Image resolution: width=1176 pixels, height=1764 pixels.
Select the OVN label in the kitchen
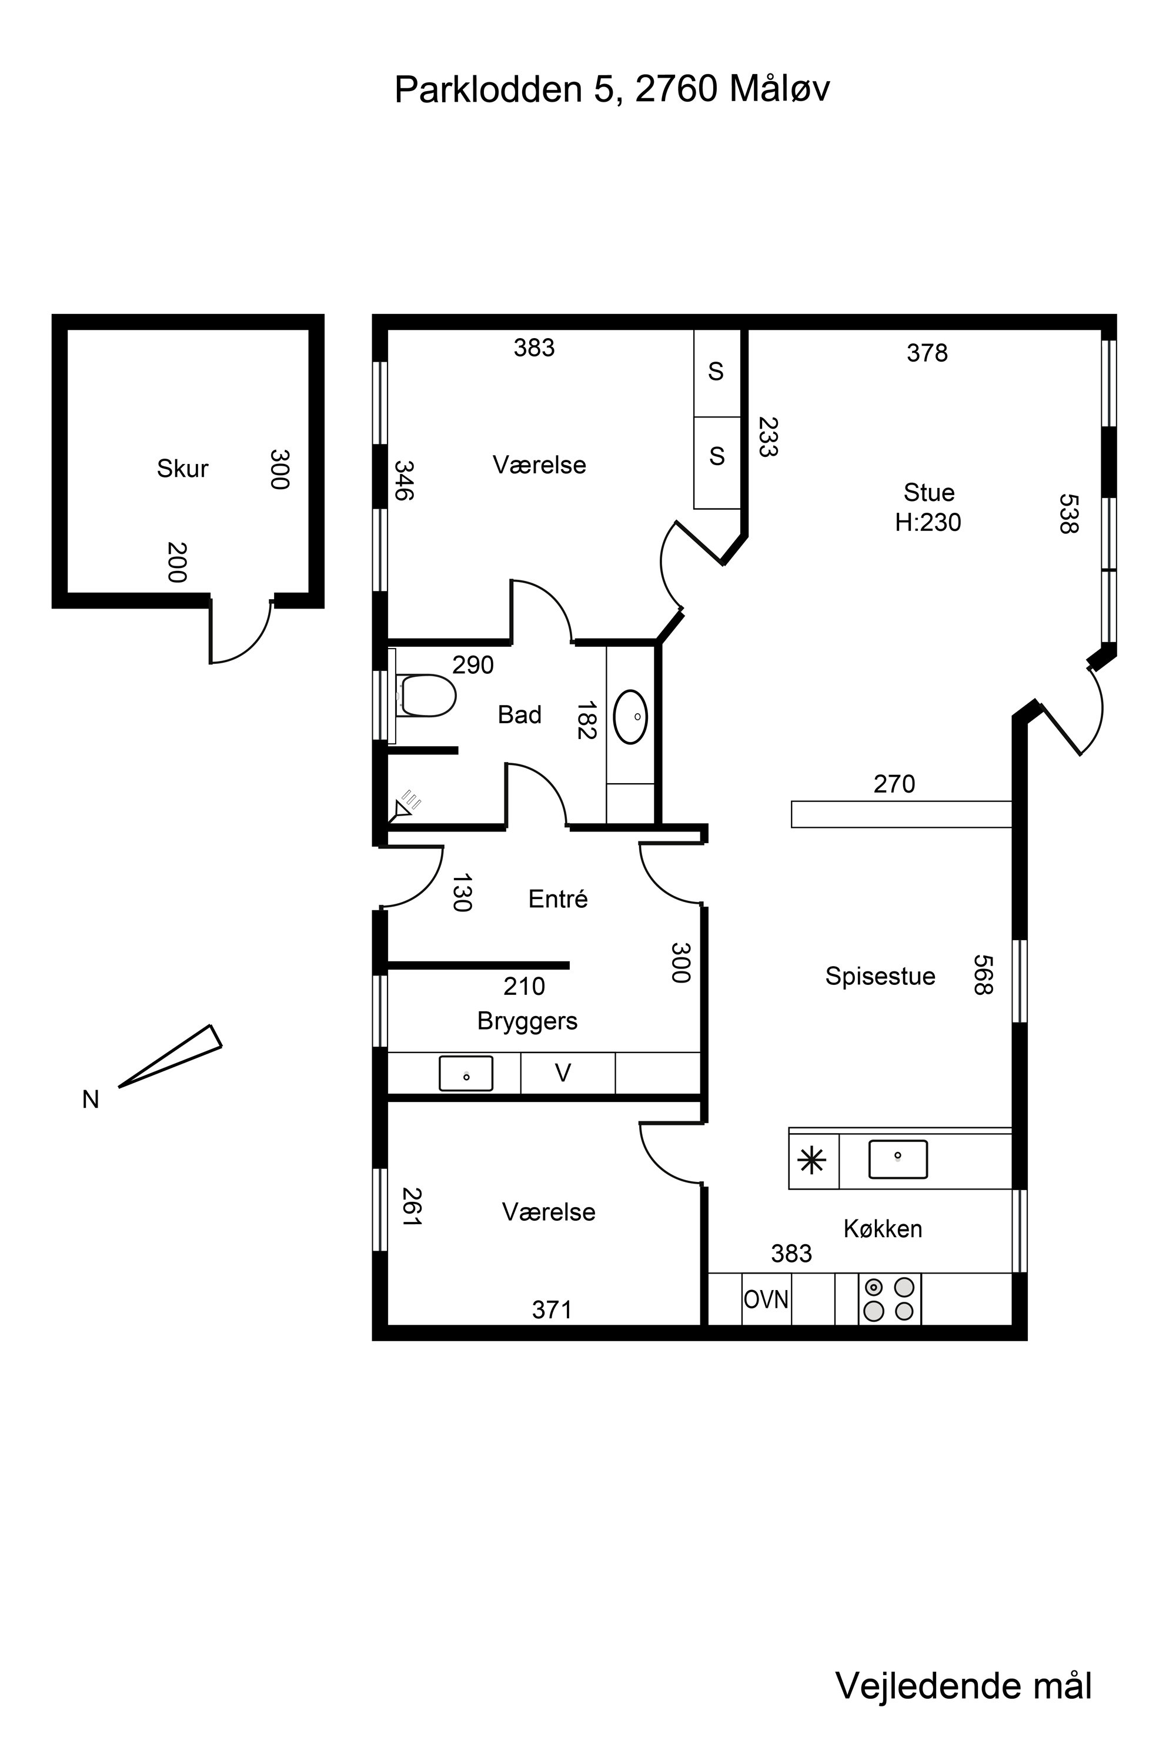click(766, 1298)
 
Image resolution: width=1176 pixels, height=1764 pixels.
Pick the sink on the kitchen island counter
click(898, 1160)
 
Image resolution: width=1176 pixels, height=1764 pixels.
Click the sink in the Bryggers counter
click(466, 1073)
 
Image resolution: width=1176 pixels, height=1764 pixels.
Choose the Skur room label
click(182, 469)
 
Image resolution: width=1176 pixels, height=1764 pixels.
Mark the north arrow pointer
click(171, 1055)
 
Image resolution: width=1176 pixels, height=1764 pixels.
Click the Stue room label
click(928, 493)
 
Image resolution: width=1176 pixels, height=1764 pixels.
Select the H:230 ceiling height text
click(928, 522)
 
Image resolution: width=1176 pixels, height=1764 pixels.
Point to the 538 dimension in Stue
click(1068, 514)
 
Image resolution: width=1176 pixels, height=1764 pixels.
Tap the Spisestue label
click(880, 975)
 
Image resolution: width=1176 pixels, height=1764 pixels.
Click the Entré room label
click(558, 898)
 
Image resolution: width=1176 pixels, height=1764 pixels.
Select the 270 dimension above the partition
click(894, 784)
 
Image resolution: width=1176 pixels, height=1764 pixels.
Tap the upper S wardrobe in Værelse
click(716, 373)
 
